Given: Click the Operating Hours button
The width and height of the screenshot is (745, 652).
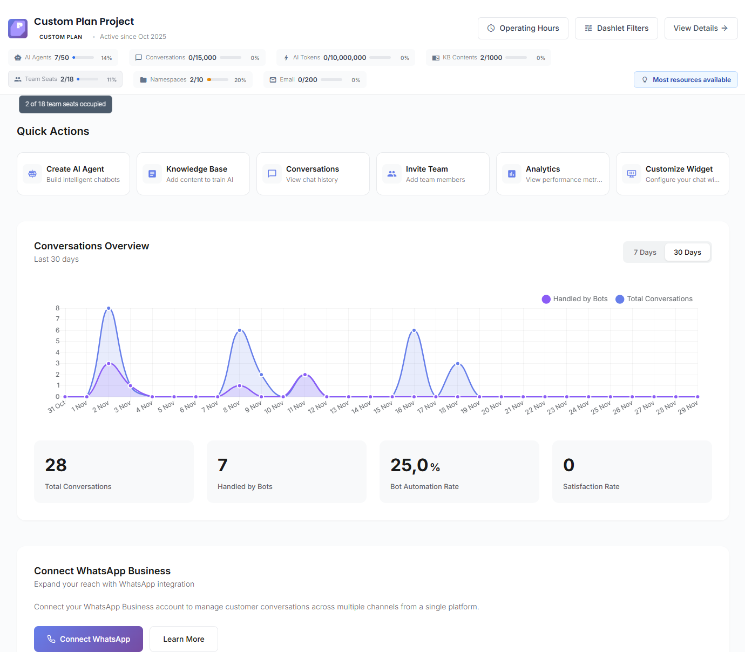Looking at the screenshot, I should click(523, 28).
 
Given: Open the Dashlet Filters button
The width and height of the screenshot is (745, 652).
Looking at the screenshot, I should click(616, 28).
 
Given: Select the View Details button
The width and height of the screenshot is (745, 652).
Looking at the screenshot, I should click(701, 28).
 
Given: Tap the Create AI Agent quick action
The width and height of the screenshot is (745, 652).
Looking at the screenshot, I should click(73, 174).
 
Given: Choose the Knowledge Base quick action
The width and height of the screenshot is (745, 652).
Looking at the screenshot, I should click(193, 174).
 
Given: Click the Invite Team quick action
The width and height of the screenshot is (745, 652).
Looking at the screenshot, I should click(433, 174).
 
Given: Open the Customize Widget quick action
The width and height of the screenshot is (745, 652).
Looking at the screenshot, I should click(673, 174).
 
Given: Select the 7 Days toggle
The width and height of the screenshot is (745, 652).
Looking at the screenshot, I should click(645, 252).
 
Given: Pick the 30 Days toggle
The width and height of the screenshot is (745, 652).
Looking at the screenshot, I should click(687, 252).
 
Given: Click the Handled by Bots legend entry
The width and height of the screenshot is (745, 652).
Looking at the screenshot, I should click(575, 299).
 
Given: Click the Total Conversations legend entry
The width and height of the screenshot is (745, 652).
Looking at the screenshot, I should click(654, 299).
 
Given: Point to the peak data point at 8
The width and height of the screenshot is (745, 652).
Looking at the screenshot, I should click(109, 308).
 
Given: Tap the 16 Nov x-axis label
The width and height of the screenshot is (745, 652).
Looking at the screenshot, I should click(405, 407).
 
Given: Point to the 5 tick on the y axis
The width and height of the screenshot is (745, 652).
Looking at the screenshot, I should click(58, 341).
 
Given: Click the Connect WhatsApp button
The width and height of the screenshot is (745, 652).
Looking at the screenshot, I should click(89, 639).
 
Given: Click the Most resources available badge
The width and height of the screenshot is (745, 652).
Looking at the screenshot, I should click(686, 80).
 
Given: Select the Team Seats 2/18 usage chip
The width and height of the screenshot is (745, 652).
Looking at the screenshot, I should click(65, 79).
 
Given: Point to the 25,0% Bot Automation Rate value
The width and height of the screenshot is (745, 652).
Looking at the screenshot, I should click(415, 465).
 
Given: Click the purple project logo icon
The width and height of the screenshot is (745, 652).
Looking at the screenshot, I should click(18, 29).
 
